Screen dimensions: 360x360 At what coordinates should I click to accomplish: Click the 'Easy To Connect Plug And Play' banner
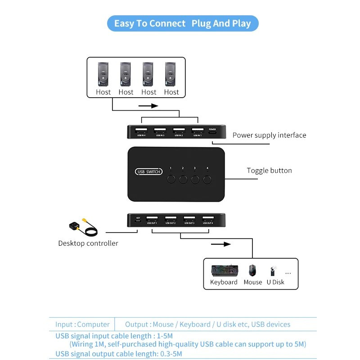pyautogui.click(x=182, y=23)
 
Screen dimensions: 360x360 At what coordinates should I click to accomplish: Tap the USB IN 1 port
pyautogui.click(x=197, y=131)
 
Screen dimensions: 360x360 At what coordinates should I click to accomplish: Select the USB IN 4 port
pyautogui.click(x=141, y=131)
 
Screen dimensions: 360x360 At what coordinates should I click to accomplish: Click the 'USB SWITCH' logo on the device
pyautogui.click(x=148, y=171)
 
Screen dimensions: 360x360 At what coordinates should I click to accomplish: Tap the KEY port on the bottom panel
pyautogui.click(x=138, y=220)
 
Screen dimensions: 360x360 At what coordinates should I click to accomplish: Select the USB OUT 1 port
pyautogui.click(x=152, y=220)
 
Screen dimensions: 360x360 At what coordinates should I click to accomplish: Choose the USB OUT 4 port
pyautogui.click(x=208, y=220)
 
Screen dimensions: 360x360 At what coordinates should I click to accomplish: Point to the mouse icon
pyautogui.click(x=252, y=270)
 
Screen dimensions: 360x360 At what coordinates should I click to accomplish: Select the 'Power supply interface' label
pyautogui.click(x=269, y=135)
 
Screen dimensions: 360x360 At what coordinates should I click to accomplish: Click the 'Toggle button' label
pyautogui.click(x=269, y=171)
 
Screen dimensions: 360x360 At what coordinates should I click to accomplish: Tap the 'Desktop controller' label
pyautogui.click(x=88, y=243)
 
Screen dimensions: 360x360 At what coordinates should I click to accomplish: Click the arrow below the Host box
pyautogui.click(x=148, y=106)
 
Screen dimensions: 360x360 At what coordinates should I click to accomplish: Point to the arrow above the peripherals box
pyautogui.click(x=220, y=244)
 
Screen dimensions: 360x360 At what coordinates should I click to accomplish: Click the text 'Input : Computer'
pyautogui.click(x=82, y=324)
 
